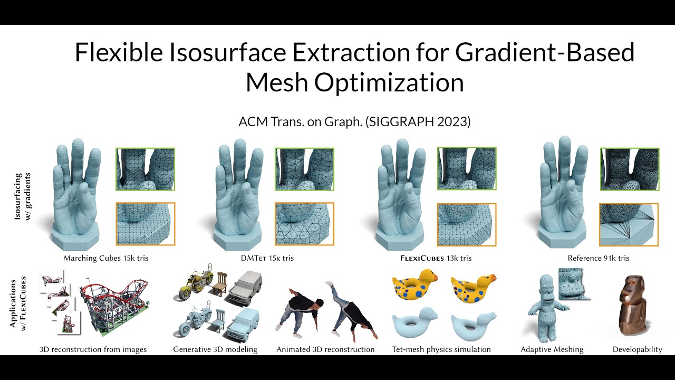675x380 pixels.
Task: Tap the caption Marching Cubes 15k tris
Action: (110, 258)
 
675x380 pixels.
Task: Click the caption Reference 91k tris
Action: (599, 258)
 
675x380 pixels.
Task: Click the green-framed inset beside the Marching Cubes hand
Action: (146, 169)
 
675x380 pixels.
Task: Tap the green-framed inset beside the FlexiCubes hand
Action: (467, 169)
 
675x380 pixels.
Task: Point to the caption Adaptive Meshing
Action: (552, 349)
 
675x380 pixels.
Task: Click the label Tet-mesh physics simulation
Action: (441, 349)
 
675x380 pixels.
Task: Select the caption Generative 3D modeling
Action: (215, 349)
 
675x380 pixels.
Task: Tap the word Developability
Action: (638, 349)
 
